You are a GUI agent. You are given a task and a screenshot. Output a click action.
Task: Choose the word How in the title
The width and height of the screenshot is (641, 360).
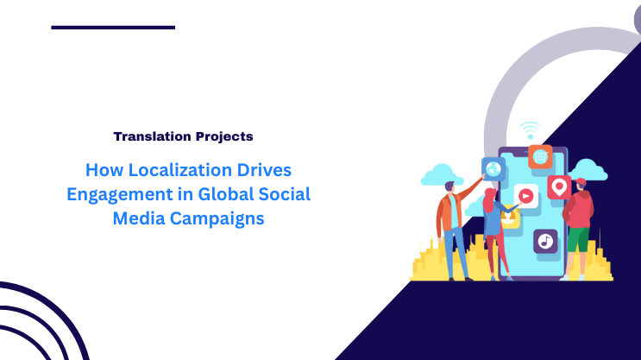(x=102, y=169)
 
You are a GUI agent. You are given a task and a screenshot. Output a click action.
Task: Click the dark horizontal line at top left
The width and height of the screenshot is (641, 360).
(x=113, y=28)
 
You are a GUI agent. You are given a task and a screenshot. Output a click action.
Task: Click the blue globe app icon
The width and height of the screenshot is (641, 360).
(x=493, y=168)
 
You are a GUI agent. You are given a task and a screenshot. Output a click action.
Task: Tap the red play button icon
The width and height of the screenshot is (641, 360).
(x=525, y=195)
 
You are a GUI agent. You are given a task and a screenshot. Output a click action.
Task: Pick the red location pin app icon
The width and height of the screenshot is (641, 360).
(x=559, y=186)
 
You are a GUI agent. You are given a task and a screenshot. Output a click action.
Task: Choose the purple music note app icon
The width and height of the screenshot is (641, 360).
(x=544, y=241)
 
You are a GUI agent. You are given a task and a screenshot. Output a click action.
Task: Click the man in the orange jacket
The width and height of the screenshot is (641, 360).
(x=450, y=216)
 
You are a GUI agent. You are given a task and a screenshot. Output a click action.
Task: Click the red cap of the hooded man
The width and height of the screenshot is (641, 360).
(x=581, y=182)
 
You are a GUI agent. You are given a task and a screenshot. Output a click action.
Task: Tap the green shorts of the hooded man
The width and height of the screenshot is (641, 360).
(x=577, y=237)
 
